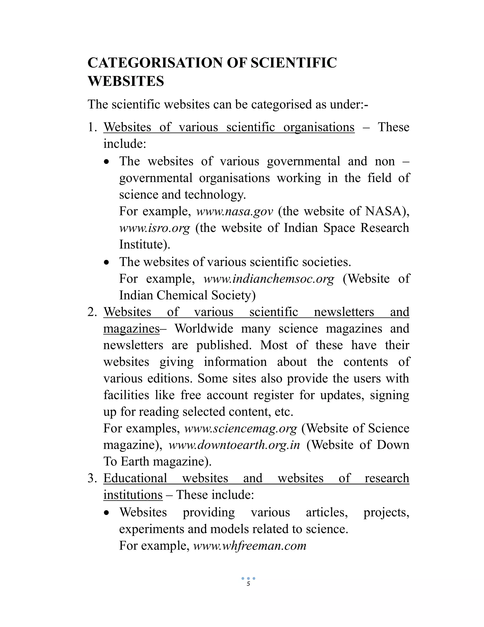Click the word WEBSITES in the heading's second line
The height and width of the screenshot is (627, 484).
click(125, 81)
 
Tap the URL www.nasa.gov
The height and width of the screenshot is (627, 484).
click(234, 211)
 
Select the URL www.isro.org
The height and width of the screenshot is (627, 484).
click(155, 228)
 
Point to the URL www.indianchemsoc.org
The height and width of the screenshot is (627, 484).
click(269, 279)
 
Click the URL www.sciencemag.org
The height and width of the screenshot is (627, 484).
click(241, 428)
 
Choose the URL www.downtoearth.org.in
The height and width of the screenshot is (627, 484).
click(234, 445)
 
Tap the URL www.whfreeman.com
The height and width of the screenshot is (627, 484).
click(250, 545)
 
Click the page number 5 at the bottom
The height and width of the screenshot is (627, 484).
click(248, 584)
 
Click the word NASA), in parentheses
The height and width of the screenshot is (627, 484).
click(387, 211)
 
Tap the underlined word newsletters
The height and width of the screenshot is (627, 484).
click(344, 312)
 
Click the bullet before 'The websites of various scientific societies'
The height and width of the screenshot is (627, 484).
click(107, 262)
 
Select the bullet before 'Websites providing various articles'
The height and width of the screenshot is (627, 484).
click(107, 513)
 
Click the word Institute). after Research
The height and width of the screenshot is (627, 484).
click(144, 245)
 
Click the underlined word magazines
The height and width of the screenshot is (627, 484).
click(131, 329)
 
